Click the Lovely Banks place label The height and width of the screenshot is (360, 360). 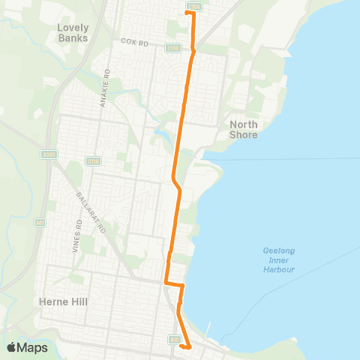pyautogui.click(x=73, y=32)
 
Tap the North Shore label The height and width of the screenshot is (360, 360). pyautogui.click(x=244, y=130)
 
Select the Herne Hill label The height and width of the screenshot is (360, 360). pyautogui.click(x=63, y=301)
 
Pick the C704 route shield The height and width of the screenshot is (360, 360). pyautogui.click(x=194, y=7)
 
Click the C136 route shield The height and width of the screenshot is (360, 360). pyautogui.click(x=172, y=48)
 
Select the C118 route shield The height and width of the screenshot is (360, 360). pyautogui.click(x=93, y=160)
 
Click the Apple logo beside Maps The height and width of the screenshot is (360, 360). pyautogui.click(x=13, y=347)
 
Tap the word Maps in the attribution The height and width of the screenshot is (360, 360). pyautogui.click(x=34, y=348)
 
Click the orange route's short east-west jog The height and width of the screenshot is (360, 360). pyautogui.click(x=175, y=284)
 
